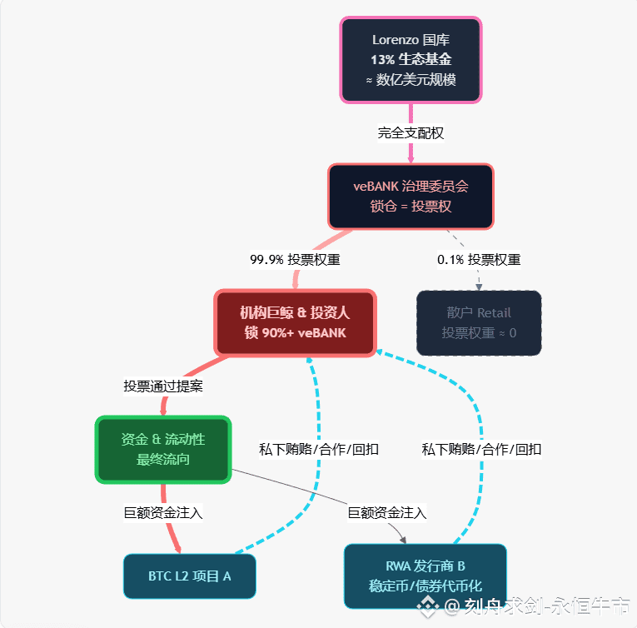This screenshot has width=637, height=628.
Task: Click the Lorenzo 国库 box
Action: [x=411, y=60]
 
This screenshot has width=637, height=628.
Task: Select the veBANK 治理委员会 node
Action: [x=411, y=196]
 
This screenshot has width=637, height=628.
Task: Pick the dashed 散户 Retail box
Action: [x=479, y=322]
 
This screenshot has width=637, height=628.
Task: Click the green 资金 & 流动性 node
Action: [x=162, y=449]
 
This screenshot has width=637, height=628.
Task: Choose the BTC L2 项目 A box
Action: [x=190, y=576]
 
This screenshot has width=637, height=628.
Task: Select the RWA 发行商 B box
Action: [x=425, y=576]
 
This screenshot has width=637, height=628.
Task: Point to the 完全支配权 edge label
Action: [x=411, y=132]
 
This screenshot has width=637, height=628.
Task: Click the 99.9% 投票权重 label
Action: [x=295, y=259]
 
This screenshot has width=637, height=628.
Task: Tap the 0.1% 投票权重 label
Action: [x=479, y=259]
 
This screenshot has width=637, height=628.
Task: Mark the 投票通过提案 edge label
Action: [x=163, y=386]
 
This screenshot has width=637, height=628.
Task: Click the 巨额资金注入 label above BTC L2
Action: [x=163, y=512]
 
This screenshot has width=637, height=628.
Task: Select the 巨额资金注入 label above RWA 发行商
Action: [x=387, y=512]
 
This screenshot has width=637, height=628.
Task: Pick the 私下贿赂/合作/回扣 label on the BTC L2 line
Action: [x=319, y=449]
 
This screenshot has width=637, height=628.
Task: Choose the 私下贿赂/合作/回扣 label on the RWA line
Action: [x=481, y=449]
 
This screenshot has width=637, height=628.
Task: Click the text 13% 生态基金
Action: [x=411, y=60]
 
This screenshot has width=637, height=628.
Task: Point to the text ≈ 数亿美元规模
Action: [x=411, y=80]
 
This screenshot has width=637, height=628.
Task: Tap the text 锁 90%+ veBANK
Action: [x=296, y=332]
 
